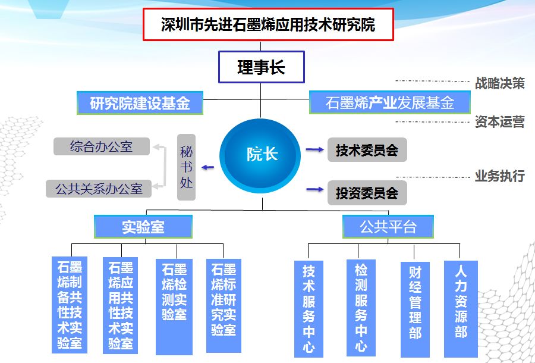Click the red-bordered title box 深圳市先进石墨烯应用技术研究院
click(x=268, y=25)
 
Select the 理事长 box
click(x=262, y=67)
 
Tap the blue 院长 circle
click(x=262, y=154)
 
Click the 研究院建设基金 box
click(x=140, y=103)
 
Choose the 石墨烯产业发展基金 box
click(x=390, y=103)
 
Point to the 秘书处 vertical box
click(x=187, y=167)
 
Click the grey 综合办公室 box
click(x=102, y=146)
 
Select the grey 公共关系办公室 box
click(x=99, y=189)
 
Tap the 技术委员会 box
click(x=367, y=150)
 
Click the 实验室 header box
click(x=143, y=227)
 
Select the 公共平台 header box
click(x=388, y=227)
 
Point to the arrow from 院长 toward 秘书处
click(x=207, y=167)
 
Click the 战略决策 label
click(x=499, y=83)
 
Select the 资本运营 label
click(x=499, y=122)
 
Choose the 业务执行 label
click(x=499, y=176)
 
